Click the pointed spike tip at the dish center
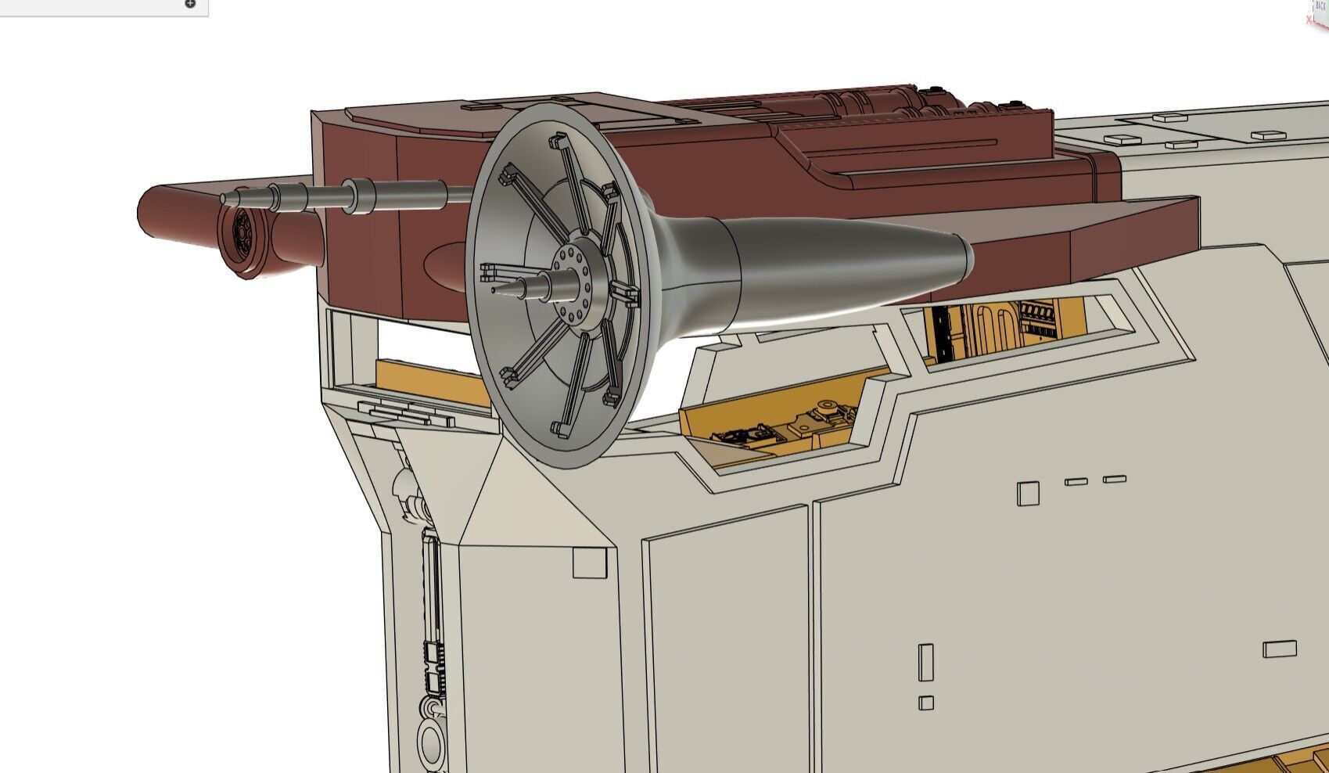click(x=495, y=289)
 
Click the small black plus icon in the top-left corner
click(x=190, y=4)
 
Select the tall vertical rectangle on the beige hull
click(x=926, y=663)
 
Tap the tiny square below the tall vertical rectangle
click(x=926, y=703)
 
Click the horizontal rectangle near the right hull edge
click(x=1279, y=649)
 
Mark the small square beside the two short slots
click(x=1028, y=493)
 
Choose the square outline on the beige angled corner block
click(x=590, y=563)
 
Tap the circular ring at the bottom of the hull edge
click(x=430, y=739)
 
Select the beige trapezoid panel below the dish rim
click(x=532, y=501)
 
